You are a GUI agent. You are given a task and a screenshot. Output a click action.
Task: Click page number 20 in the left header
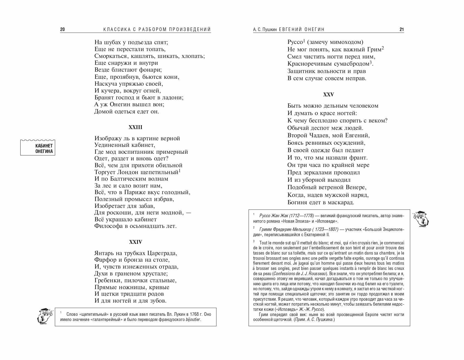click(x=62, y=30)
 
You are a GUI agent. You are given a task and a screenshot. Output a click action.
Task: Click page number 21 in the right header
click(x=402, y=30)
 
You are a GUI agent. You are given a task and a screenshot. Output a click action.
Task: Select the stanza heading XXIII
click(x=136, y=127)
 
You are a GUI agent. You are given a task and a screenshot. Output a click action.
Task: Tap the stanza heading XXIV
click(x=136, y=242)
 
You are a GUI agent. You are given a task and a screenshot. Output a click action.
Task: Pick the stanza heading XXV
click(x=328, y=94)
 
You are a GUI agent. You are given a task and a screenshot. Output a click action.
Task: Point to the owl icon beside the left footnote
click(x=45, y=316)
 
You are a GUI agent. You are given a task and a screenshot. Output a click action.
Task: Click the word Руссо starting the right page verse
click(x=295, y=42)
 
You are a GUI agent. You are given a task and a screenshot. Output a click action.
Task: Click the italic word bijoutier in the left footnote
click(x=193, y=320)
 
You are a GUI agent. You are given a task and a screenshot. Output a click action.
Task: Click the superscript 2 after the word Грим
click(x=383, y=48)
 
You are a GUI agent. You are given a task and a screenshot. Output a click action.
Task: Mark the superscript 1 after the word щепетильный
click(x=179, y=171)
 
